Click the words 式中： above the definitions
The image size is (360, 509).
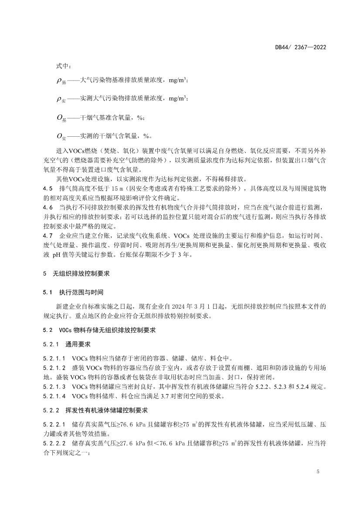(x=62, y=66)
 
